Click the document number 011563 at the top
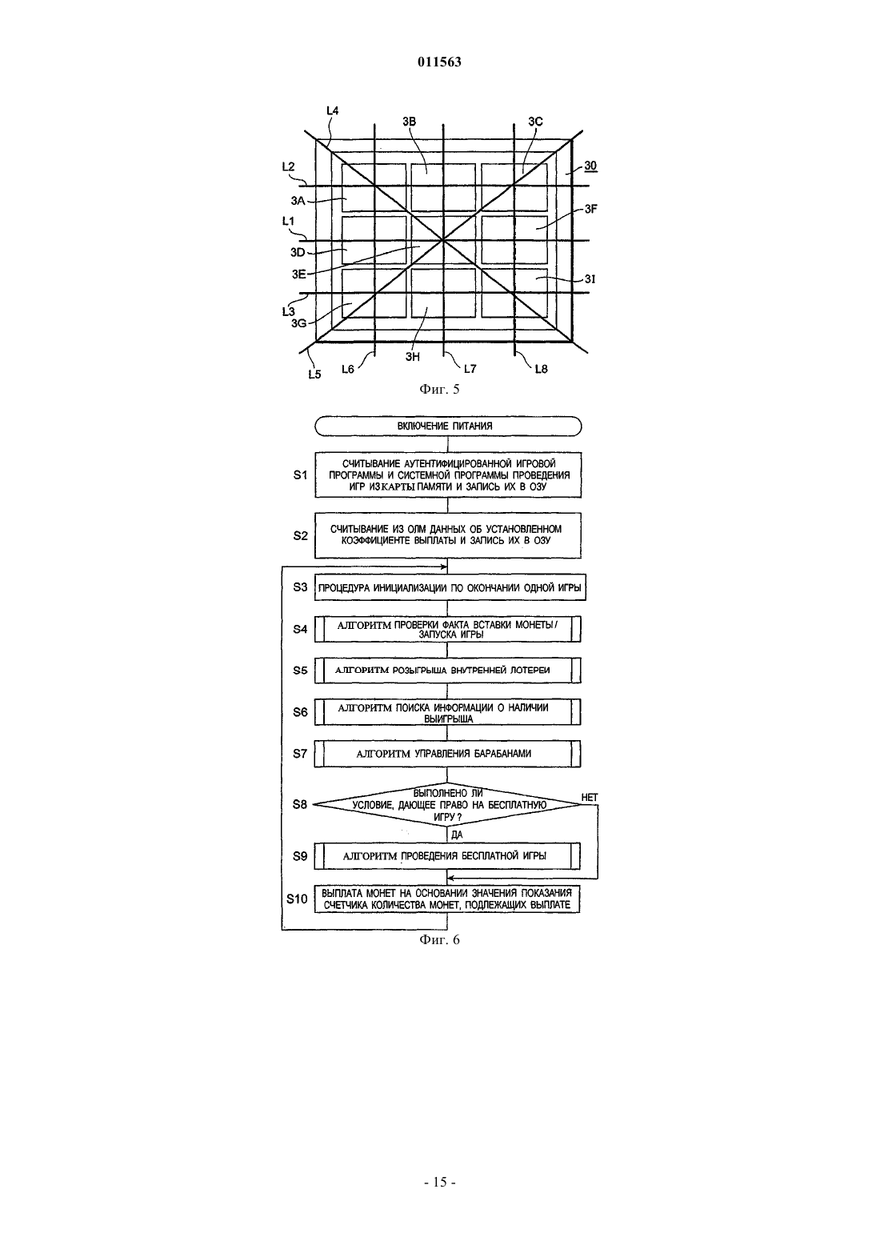pos(439,62)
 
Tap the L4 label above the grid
pos(332,110)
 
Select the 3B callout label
pos(410,121)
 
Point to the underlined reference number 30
pos(590,166)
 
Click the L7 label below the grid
pos(470,369)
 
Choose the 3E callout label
pos(299,274)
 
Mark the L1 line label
pos(288,221)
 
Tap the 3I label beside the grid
pos(590,279)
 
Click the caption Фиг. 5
pos(439,389)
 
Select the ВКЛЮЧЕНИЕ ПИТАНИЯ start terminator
pos(448,426)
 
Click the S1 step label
pos(300,474)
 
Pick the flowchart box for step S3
pos(450,587)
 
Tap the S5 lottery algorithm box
pos(448,671)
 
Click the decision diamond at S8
pos(447,805)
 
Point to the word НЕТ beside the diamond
pos(590,798)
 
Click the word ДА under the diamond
pos(457,835)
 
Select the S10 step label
pos(297,899)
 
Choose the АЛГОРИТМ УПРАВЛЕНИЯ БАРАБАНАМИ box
pos(448,754)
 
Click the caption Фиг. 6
pos(439,940)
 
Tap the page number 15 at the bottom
pos(439,1182)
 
